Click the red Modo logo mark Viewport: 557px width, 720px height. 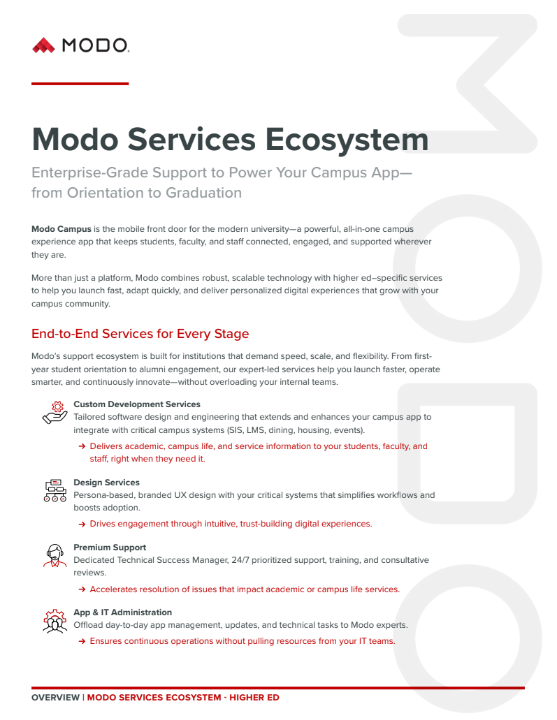point(43,45)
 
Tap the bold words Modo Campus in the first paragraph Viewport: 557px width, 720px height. point(62,229)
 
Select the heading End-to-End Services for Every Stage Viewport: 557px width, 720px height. point(140,334)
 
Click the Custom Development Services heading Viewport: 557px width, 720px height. point(137,404)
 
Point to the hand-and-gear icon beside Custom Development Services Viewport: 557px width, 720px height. point(55,412)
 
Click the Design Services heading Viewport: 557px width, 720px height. point(106,483)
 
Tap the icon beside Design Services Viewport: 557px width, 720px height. point(55,490)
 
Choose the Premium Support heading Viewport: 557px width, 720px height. point(110,548)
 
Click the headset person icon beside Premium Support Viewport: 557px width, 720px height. point(55,556)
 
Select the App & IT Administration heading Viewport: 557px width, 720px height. point(122,612)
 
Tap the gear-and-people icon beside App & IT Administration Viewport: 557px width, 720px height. point(55,621)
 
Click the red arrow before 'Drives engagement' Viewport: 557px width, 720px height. point(82,524)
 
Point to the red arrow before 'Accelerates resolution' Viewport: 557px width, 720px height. point(82,590)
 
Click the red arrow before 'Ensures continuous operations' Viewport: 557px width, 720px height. point(82,642)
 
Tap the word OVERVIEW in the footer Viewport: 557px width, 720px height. point(55,698)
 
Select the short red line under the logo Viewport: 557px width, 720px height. point(80,84)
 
